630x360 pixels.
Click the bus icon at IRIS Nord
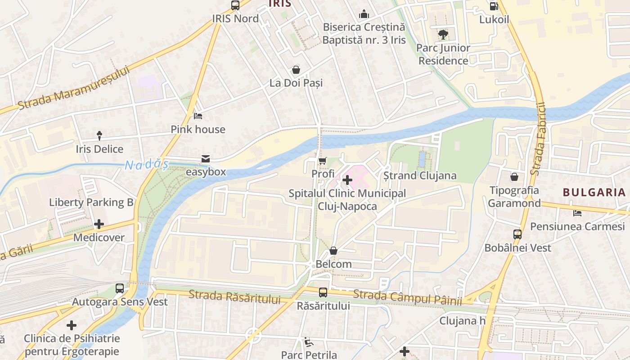(235, 5)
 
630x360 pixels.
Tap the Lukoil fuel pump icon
(494, 6)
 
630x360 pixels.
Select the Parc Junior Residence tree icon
(443, 35)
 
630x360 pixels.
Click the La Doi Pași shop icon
(296, 70)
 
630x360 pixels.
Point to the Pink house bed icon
(198, 116)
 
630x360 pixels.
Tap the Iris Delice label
(99, 149)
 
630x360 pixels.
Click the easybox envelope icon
(206, 158)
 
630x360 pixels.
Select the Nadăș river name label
(146, 165)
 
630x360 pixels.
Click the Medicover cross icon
(99, 224)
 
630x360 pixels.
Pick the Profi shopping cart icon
(323, 161)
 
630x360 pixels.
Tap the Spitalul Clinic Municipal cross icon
(347, 180)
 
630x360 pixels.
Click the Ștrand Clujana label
(419, 175)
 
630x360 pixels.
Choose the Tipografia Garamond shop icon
(514, 177)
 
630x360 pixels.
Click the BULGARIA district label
(594, 193)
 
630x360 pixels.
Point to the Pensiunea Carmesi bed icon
(577, 213)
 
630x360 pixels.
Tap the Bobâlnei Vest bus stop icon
(517, 234)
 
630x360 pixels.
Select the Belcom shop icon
(333, 251)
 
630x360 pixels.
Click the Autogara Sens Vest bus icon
(120, 288)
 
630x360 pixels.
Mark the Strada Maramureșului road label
(74, 88)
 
